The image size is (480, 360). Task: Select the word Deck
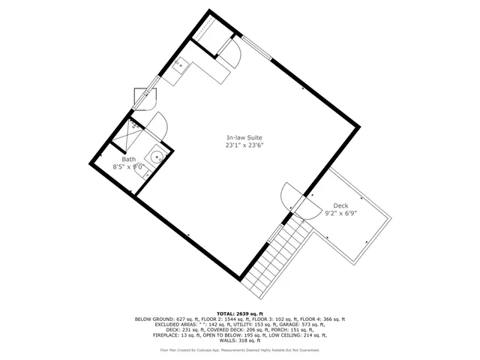pyautogui.click(x=340, y=205)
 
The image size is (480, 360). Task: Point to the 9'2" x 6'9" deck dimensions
pyautogui.click(x=340, y=213)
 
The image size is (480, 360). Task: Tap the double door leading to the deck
pyautogui.click(x=296, y=199)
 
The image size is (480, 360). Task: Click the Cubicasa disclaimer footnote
pyautogui.click(x=240, y=349)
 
